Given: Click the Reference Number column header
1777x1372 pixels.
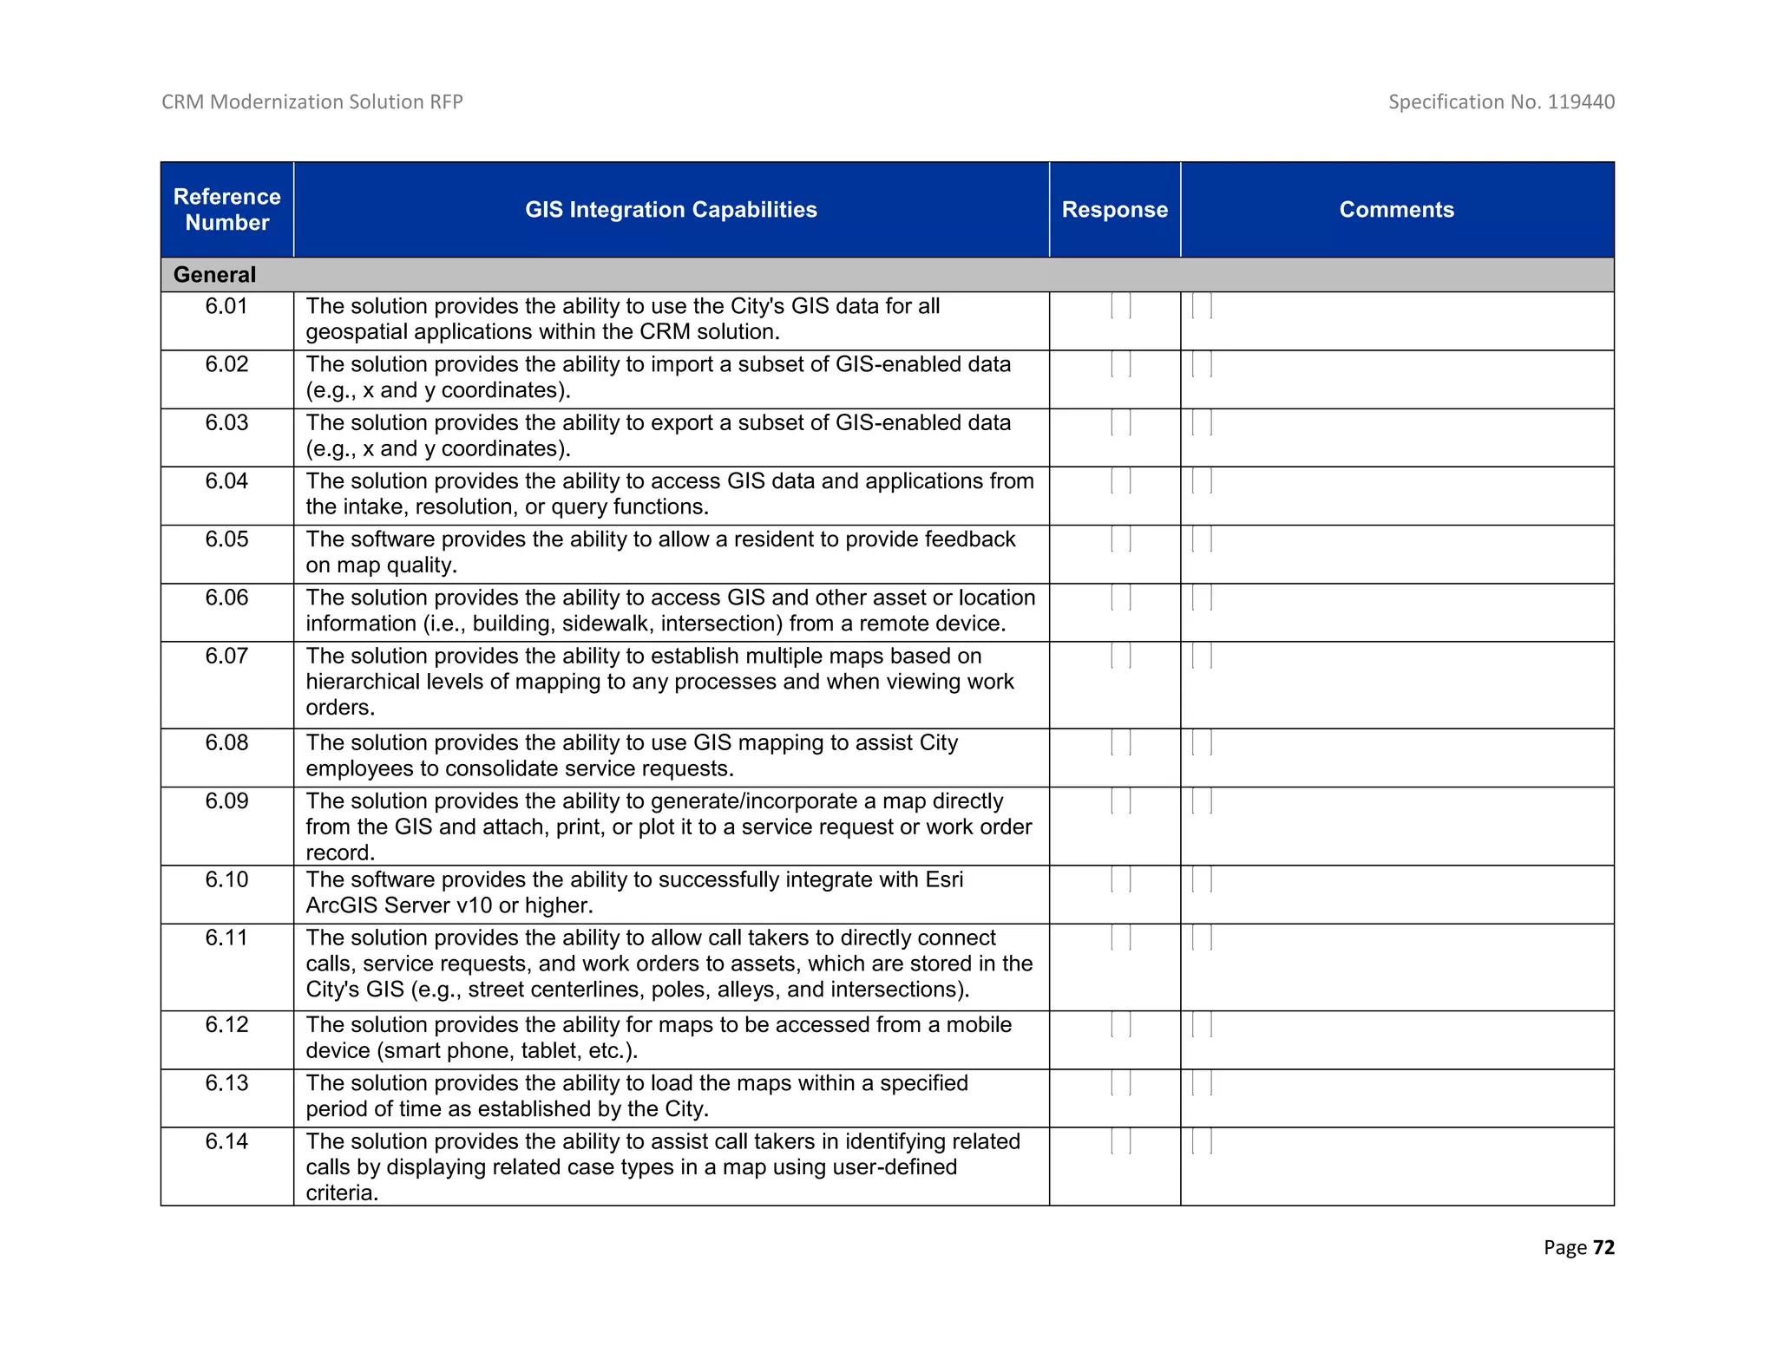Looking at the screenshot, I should (x=226, y=209).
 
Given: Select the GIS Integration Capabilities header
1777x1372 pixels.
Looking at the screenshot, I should (x=670, y=209).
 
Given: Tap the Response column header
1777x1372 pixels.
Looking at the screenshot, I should (x=1114, y=209).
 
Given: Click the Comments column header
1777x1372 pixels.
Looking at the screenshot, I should (x=1396, y=209).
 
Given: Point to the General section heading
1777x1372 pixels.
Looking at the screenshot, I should (x=214, y=275).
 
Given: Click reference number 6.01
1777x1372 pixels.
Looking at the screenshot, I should (x=226, y=306).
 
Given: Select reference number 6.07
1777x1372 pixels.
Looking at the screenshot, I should (x=226, y=656).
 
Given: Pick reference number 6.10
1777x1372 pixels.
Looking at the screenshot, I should (x=226, y=879).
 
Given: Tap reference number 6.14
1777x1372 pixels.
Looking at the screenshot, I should (x=226, y=1141).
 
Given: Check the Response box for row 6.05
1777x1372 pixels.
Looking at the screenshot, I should (x=1120, y=539).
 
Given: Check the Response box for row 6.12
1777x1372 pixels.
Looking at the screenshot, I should (x=1120, y=1025).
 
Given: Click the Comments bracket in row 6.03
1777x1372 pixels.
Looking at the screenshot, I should (x=1202, y=423).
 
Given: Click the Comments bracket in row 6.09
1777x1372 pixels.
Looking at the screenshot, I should (x=1202, y=801).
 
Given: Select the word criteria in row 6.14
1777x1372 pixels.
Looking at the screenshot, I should (x=341, y=1193).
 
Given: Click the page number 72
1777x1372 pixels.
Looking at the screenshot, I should (x=1603, y=1247).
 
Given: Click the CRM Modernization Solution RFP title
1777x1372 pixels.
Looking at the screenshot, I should (x=311, y=101).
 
